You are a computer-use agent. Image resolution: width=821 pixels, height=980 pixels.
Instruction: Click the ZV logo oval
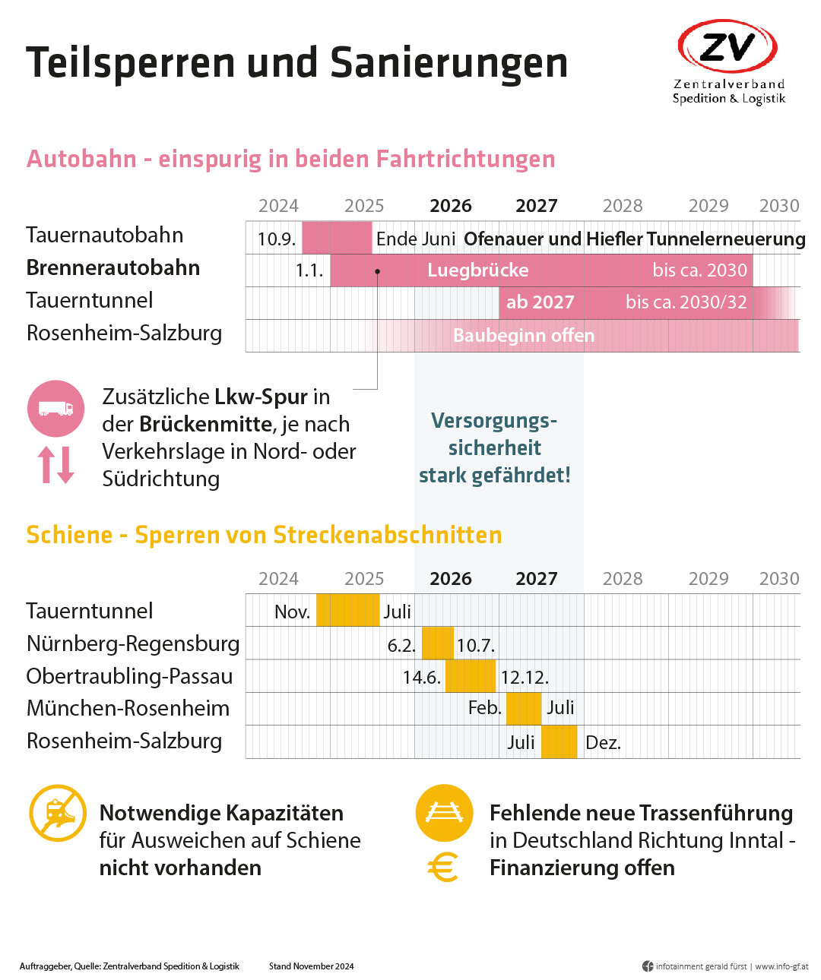(x=727, y=47)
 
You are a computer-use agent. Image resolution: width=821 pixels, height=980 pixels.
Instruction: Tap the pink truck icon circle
(x=55, y=409)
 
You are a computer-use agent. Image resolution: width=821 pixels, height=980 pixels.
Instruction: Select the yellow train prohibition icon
(x=58, y=813)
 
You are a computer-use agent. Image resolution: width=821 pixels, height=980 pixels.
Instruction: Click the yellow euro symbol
(x=443, y=867)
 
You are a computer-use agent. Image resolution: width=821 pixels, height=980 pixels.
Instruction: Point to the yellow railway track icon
(x=444, y=813)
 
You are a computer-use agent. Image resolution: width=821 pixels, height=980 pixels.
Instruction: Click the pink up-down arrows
(x=56, y=465)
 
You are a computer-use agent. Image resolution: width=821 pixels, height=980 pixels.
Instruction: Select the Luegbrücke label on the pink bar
(x=477, y=270)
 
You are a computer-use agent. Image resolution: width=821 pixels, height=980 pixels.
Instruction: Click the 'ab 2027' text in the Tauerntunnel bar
(x=540, y=302)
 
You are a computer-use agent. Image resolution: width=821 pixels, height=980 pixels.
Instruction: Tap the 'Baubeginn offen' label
(x=523, y=336)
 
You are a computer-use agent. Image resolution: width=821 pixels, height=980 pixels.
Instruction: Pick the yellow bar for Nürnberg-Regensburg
(x=437, y=643)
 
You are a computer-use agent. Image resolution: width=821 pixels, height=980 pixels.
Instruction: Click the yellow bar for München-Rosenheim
(x=523, y=709)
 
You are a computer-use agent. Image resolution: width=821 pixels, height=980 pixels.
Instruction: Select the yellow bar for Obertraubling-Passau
(x=470, y=676)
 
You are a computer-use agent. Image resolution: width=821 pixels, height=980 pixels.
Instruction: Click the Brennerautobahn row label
(x=113, y=267)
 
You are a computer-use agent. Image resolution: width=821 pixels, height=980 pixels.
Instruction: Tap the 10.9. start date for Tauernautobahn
(x=276, y=239)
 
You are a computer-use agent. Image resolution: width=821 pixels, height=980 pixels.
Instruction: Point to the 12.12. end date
(x=525, y=677)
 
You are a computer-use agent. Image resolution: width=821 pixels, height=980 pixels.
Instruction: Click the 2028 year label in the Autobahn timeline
(x=622, y=206)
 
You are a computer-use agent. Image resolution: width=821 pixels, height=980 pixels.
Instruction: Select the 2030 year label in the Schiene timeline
(x=778, y=579)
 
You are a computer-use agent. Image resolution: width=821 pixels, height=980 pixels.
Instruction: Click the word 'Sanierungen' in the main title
(x=449, y=62)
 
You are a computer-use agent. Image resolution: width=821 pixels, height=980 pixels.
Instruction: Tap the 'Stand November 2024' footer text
(x=311, y=966)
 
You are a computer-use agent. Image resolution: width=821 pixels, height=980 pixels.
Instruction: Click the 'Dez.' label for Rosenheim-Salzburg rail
(x=603, y=743)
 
